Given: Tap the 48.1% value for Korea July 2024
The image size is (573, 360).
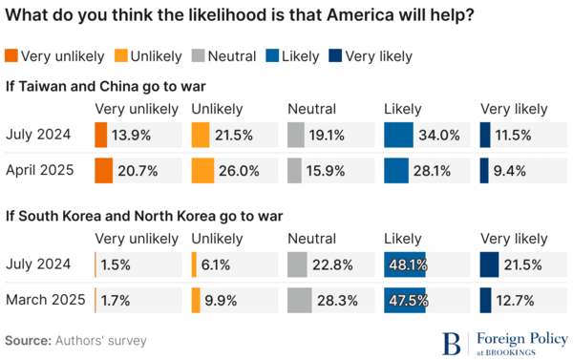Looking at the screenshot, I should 407,265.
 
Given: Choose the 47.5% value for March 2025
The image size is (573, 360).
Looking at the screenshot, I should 407,300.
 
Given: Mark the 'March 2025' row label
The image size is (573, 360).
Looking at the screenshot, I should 45,300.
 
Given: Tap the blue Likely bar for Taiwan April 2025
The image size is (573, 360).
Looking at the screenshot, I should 395,171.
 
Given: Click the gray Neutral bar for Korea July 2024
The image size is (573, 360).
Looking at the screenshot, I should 297,265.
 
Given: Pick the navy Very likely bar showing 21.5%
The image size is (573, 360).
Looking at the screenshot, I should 488,265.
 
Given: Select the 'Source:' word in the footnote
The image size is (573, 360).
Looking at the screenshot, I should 28,340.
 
